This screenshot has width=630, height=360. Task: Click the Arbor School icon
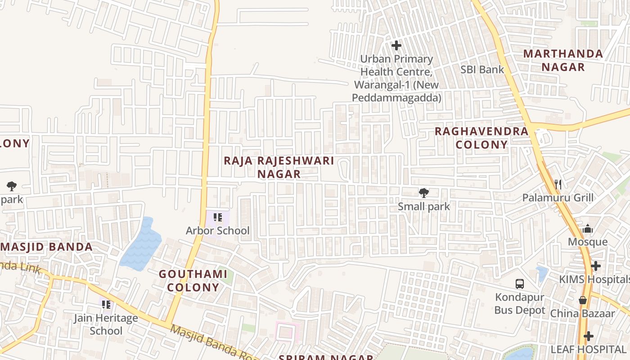click(218, 218)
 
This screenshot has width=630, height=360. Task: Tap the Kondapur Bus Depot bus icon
click(520, 284)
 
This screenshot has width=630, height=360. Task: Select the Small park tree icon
click(423, 193)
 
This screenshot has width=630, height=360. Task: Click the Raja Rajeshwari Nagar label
click(279, 167)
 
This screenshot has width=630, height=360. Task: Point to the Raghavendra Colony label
click(481, 138)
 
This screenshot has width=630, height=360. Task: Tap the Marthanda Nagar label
click(563, 60)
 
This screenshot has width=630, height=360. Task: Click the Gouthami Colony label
click(193, 281)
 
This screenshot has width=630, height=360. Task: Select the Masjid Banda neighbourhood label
click(46, 247)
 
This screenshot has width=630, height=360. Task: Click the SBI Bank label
click(482, 70)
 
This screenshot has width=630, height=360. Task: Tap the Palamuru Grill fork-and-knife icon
click(558, 184)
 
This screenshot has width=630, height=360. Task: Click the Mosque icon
click(587, 229)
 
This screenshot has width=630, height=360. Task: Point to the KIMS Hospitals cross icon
click(596, 266)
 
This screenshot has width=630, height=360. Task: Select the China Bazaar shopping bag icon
click(583, 300)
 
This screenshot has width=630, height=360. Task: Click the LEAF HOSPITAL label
click(588, 349)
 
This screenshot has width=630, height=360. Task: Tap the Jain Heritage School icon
click(106, 305)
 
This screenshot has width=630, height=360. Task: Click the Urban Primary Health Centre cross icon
click(396, 45)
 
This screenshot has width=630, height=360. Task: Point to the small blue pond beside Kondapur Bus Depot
click(542, 273)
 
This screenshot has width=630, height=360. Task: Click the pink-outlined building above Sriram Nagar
click(288, 332)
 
